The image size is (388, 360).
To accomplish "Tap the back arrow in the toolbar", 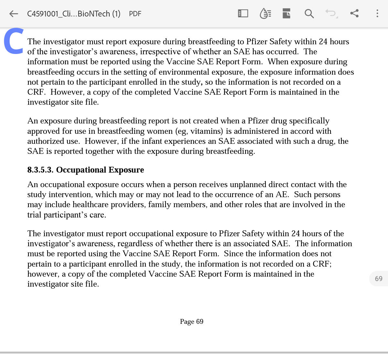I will tap(14, 14).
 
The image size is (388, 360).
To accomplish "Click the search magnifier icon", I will tap(309, 14).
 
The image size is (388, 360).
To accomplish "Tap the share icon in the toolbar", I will tap(354, 13).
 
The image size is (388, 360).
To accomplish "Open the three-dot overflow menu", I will tap(377, 13).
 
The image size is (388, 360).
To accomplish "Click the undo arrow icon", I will tap(331, 13).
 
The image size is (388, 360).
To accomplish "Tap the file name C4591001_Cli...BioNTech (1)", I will tap(74, 14).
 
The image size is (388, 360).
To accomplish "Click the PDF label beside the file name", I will tap(135, 14).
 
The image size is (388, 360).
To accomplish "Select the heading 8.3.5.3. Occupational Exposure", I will tap(86, 170).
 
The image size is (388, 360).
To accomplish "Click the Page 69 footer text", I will tap(192, 322).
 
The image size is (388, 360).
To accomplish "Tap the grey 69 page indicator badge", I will tap(378, 279).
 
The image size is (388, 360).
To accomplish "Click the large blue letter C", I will tap(14, 41).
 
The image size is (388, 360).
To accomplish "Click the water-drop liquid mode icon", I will tap(265, 14).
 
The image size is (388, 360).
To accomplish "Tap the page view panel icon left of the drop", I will tap(243, 14).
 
